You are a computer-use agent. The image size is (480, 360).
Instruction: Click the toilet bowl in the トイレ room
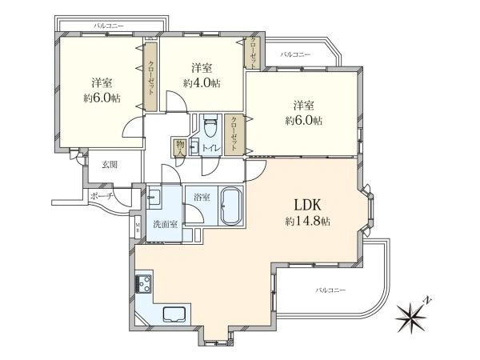210,126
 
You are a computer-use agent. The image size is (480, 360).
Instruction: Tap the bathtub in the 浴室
231,206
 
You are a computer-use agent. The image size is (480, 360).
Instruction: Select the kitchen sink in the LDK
174,314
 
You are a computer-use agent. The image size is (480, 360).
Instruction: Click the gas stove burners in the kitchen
143,284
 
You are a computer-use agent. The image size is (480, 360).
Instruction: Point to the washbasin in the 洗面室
154,196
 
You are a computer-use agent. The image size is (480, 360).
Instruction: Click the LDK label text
307,205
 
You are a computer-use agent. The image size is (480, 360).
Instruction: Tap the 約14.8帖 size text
307,221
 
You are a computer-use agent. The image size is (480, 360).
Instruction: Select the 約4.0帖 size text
202,83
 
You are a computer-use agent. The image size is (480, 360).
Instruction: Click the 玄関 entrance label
110,165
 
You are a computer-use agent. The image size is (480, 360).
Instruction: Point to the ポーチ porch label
102,196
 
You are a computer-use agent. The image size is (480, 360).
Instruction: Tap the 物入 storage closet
179,147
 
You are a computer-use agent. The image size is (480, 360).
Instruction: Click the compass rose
410,318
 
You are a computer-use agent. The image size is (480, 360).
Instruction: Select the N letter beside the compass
427,300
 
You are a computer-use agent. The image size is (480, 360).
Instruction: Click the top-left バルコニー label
108,26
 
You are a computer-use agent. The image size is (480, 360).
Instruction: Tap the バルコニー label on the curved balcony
330,290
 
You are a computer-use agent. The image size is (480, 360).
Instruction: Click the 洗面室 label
166,224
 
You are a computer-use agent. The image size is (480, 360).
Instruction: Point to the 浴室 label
202,198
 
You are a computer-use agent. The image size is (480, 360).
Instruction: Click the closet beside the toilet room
234,135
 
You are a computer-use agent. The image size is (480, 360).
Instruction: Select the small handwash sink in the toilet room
194,147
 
